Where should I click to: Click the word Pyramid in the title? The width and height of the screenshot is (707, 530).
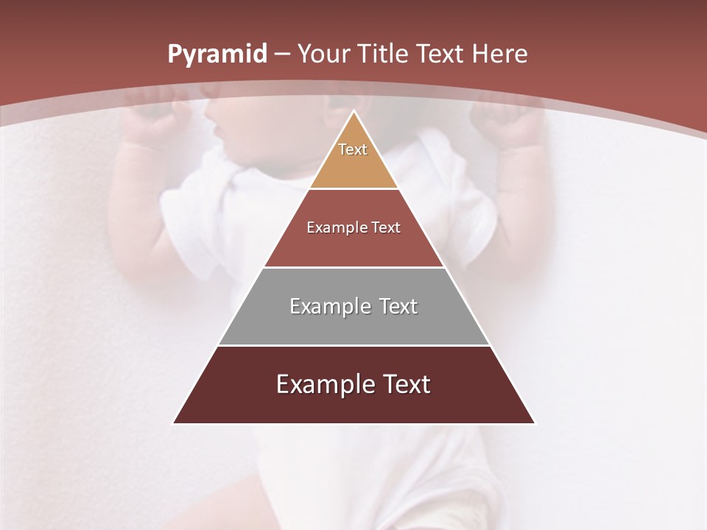[217, 54]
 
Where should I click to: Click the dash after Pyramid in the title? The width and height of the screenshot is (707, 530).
[282, 54]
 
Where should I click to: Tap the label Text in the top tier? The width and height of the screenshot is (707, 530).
[353, 149]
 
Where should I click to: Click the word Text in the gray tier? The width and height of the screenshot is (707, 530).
[398, 306]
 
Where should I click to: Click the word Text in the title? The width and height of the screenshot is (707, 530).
[440, 54]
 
